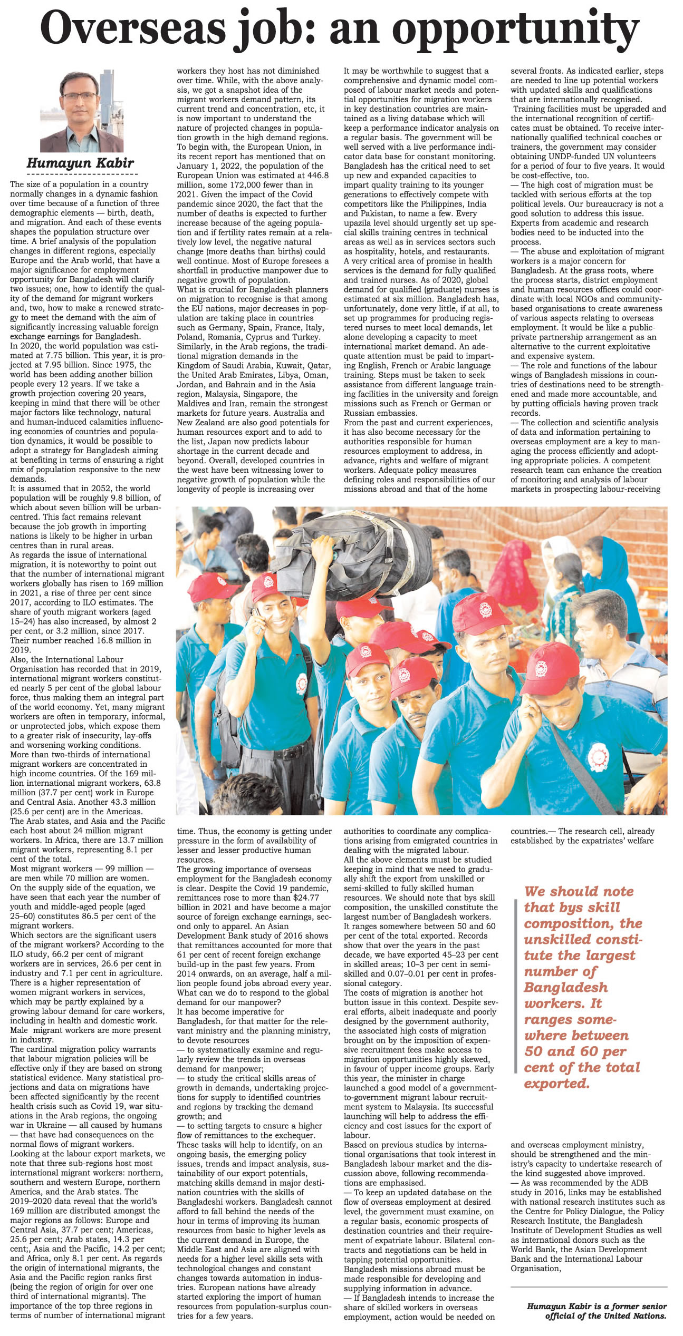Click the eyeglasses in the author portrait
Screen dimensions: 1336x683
pyautogui.click(x=78, y=97)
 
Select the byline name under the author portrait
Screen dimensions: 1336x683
pyautogui.click(x=80, y=163)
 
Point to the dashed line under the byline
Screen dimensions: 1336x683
pyautogui.click(x=82, y=173)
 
